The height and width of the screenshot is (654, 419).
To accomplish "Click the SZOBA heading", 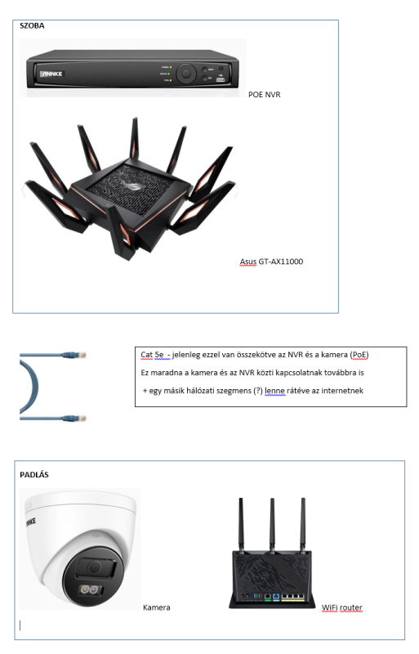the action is pos(32,26).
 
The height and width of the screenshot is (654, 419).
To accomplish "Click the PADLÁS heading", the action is pos(34,475).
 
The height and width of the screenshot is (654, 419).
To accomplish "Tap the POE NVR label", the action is pos(265,95).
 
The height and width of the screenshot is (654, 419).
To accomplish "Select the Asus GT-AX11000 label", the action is pos(271,262).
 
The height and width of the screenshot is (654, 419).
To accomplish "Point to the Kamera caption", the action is pos(156,607).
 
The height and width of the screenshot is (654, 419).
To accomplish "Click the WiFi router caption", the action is pos(342,607).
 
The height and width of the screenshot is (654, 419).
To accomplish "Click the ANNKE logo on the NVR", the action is pos(51,74).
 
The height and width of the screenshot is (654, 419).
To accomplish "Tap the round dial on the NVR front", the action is pos(186,74).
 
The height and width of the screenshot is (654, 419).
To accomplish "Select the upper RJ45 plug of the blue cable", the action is pos(74,356).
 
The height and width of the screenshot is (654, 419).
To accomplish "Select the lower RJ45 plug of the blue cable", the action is pos(74,418).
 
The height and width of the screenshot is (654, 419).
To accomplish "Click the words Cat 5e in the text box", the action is pos(152,355).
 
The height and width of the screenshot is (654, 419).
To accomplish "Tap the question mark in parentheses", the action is pos(258,391).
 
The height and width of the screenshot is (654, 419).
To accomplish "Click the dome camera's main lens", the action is pos(94,567).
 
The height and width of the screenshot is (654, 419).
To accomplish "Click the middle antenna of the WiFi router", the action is pos(272,524).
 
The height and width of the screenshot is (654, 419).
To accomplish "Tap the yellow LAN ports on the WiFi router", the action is pos(293,597).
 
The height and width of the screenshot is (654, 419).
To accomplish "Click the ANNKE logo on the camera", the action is pos(30,522).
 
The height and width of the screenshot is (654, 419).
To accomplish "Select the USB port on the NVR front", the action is pos(221,78).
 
